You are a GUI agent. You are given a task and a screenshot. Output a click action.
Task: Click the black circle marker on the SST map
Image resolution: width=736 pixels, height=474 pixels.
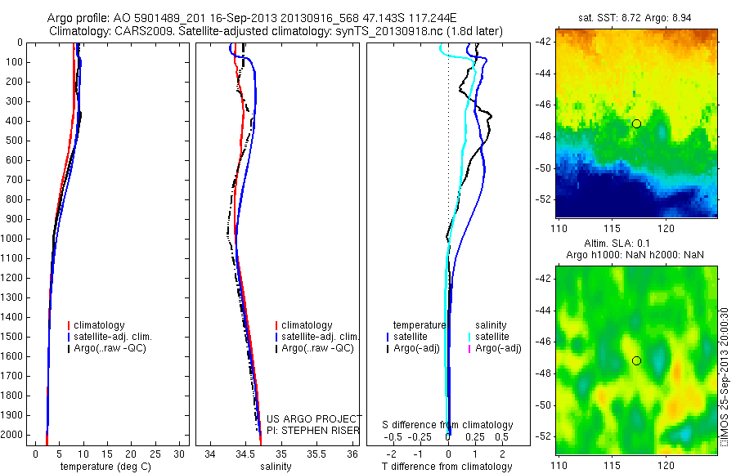(x=636, y=123)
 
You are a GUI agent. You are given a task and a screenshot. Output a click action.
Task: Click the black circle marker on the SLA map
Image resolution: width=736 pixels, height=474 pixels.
(x=636, y=360)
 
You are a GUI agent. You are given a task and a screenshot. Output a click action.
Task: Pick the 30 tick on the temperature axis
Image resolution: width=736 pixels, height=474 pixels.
(x=182, y=454)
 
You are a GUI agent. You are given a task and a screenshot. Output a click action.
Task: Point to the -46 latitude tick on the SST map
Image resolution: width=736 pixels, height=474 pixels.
(x=545, y=105)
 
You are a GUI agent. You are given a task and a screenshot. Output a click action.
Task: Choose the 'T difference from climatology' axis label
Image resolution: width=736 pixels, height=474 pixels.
(x=447, y=467)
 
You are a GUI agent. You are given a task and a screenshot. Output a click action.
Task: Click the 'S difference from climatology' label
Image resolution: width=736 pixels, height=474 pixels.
(x=448, y=425)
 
